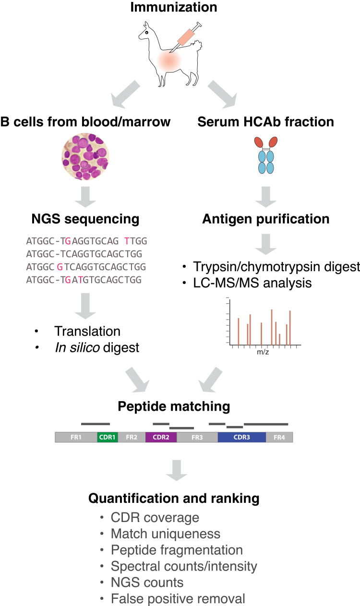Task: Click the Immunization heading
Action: click(x=180, y=8)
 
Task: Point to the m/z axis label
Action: click(x=263, y=352)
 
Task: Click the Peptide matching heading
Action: click(x=174, y=407)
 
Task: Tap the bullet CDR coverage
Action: click(x=155, y=518)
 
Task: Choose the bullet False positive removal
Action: click(x=178, y=598)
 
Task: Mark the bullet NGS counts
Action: click(x=147, y=582)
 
